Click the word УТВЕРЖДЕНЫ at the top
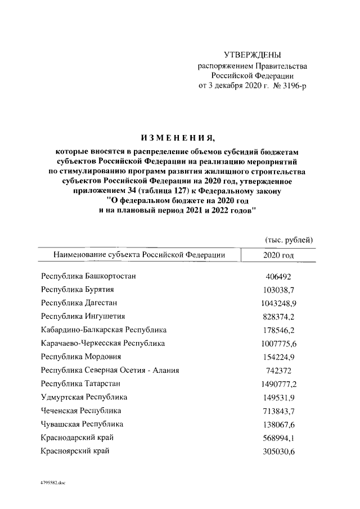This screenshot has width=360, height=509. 253,55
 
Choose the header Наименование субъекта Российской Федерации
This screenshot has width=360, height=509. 139,255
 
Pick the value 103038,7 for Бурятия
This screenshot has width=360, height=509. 278,290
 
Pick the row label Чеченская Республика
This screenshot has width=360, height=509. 81,411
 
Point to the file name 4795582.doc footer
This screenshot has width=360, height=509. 53,483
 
